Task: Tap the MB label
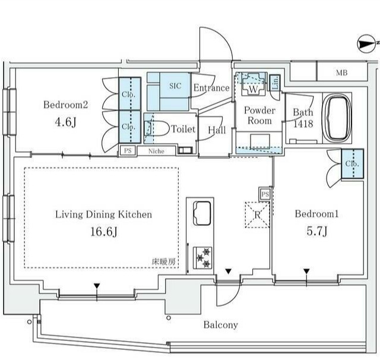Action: click(342, 72)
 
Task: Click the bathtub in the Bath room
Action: click(337, 119)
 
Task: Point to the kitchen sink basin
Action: click(202, 213)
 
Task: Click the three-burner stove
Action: click(202, 258)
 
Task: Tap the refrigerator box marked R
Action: click(257, 215)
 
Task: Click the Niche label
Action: click(156, 151)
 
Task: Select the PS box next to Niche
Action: click(128, 150)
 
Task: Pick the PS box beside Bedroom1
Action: click(265, 194)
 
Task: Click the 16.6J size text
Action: click(104, 232)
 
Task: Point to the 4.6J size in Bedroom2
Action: click(66, 122)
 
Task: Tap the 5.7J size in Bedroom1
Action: click(317, 231)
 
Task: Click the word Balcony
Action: click(221, 325)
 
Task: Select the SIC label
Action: click(175, 86)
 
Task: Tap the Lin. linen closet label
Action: click(275, 83)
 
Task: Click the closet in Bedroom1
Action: click(352, 164)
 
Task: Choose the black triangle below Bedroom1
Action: click(306, 271)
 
